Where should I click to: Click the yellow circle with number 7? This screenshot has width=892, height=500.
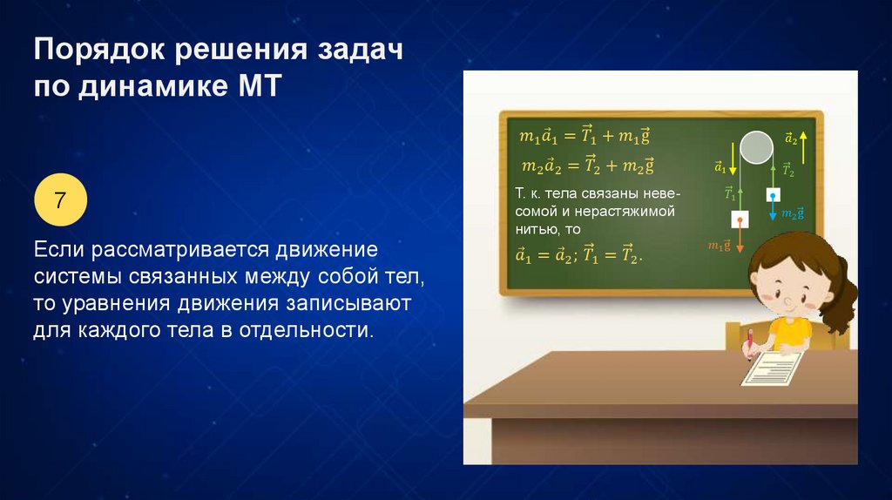tap(61, 199)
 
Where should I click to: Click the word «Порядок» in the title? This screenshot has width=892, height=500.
tap(99, 50)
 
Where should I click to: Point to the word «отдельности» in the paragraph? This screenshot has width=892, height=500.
tap(303, 330)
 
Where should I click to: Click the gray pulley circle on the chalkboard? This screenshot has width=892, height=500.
tap(757, 146)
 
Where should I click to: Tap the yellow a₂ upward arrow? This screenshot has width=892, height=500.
tap(802, 147)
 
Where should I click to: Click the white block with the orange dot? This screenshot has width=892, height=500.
tap(740, 220)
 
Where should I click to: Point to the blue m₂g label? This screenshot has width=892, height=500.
tap(793, 213)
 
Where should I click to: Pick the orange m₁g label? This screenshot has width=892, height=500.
tap(719, 246)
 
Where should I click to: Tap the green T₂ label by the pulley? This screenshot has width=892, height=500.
tap(787, 170)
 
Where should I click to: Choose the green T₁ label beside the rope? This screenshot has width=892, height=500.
tap(730, 193)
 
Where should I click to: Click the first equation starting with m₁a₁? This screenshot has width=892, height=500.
tap(585, 135)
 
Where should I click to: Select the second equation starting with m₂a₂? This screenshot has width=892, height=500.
tap(588, 165)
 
